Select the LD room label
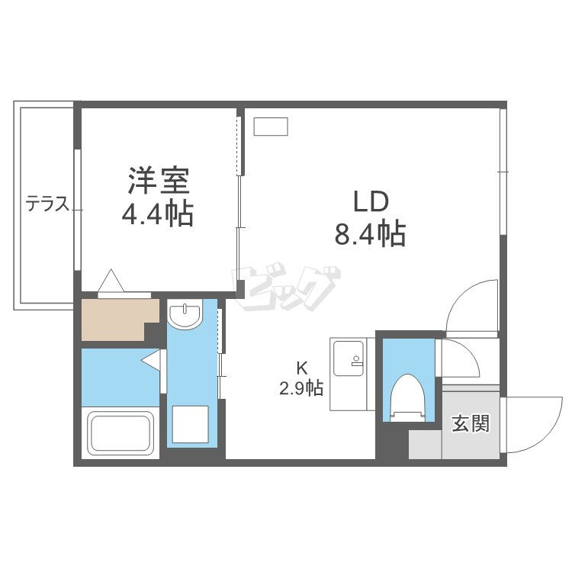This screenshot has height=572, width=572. coord(370,201)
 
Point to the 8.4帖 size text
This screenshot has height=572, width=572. coord(370,233)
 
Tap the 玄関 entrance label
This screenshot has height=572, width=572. coord(470,424)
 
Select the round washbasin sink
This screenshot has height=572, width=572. coord(185,315)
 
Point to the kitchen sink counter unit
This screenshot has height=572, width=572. coord(349,374)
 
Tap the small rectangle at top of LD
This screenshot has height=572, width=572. coord(271,127)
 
